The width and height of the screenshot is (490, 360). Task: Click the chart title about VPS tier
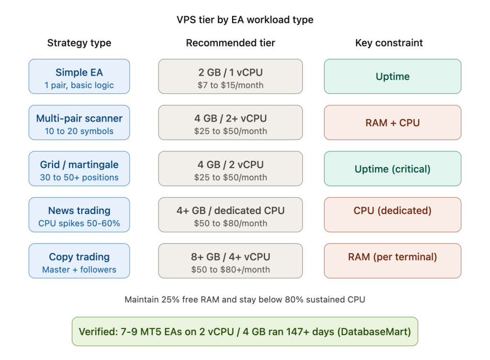(x=245, y=20)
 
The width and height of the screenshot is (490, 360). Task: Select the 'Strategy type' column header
(x=79, y=43)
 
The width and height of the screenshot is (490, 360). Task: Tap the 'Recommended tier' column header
(x=230, y=43)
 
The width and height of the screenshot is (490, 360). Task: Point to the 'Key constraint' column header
(x=389, y=43)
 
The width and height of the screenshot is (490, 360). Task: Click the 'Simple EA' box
(x=79, y=77)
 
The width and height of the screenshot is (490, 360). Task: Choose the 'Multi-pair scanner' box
(x=79, y=123)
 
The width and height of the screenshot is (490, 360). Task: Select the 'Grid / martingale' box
(x=79, y=169)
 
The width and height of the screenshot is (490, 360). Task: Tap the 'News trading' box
(x=79, y=214)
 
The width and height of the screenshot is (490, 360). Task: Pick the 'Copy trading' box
(x=79, y=260)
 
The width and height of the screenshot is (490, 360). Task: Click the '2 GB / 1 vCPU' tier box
(x=230, y=77)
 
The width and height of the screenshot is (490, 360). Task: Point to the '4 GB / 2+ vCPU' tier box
(x=230, y=123)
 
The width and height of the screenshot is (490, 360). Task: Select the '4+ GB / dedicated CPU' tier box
(x=230, y=214)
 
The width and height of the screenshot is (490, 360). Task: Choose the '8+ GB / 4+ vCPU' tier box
(x=230, y=260)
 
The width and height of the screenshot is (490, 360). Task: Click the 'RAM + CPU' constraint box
(x=392, y=123)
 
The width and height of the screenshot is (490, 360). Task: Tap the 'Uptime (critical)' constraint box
(x=392, y=169)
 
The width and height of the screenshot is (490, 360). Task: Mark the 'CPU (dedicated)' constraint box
(x=392, y=214)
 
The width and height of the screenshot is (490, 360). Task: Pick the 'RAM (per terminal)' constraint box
(x=392, y=260)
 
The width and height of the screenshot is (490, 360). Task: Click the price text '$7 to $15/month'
(x=230, y=86)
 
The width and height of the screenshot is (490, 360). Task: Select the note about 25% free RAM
(x=245, y=300)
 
